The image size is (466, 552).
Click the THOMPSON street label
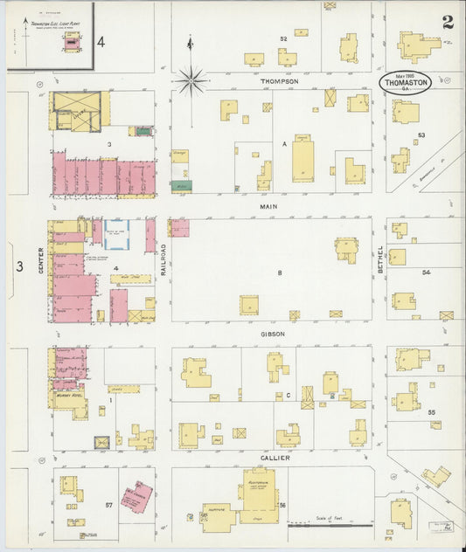click(279, 81)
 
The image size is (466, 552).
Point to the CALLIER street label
click(274, 458)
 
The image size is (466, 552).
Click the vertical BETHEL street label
click(380, 260)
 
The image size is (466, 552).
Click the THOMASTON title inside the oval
click(405, 83)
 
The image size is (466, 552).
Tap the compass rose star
click(191, 80)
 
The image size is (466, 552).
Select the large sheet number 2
click(448, 23)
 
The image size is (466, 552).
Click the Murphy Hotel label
click(67, 393)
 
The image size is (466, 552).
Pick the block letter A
click(284, 141)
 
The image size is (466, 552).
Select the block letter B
click(280, 273)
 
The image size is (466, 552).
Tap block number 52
click(283, 39)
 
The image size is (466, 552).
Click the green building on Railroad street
click(181, 185)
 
